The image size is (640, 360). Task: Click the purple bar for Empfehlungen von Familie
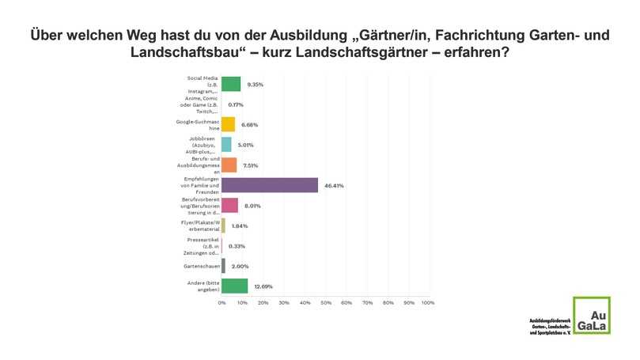(270, 185)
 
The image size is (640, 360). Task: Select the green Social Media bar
(231, 84)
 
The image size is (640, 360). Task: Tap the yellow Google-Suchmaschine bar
(229, 124)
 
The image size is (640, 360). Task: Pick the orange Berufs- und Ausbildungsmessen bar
(229, 165)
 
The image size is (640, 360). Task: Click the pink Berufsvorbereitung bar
(230, 205)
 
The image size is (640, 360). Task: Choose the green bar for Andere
(235, 286)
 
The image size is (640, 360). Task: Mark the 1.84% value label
(240, 225)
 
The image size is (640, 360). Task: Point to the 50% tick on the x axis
(325, 302)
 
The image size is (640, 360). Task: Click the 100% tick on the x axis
(427, 302)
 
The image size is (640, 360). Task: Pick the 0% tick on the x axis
(222, 302)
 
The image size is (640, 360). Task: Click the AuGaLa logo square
(591, 315)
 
